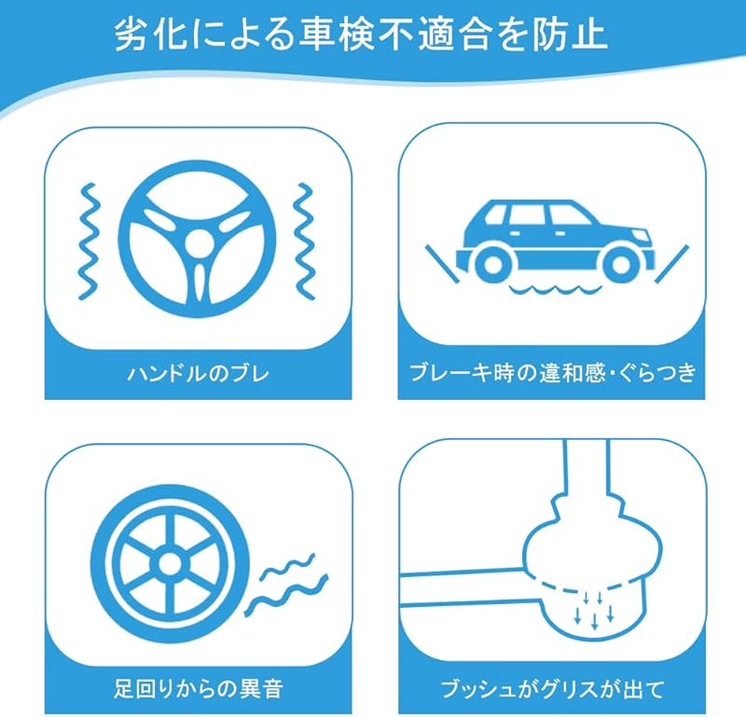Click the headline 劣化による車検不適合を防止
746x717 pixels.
tap(362, 34)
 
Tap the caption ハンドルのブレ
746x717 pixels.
tap(198, 374)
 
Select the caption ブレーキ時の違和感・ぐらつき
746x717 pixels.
tap(552, 373)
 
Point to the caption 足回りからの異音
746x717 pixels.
tap(199, 688)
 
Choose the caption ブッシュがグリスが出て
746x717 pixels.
tap(552, 689)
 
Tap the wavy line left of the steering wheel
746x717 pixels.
tap(90, 241)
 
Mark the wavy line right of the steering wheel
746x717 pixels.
tap(305, 241)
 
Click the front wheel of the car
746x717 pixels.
tap(620, 265)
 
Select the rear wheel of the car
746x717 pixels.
tap(492, 265)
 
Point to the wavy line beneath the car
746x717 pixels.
tap(555, 289)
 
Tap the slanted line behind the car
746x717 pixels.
tap(442, 264)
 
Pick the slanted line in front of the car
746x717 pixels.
tap(671, 264)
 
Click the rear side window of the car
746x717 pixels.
tap(495, 215)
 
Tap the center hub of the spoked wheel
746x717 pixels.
tap(170, 565)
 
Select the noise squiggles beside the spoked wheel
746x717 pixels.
tap(287, 585)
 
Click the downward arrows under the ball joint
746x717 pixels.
tap(594, 610)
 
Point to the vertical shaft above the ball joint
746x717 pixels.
tap(587, 469)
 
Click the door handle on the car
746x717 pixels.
tap(515, 233)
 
